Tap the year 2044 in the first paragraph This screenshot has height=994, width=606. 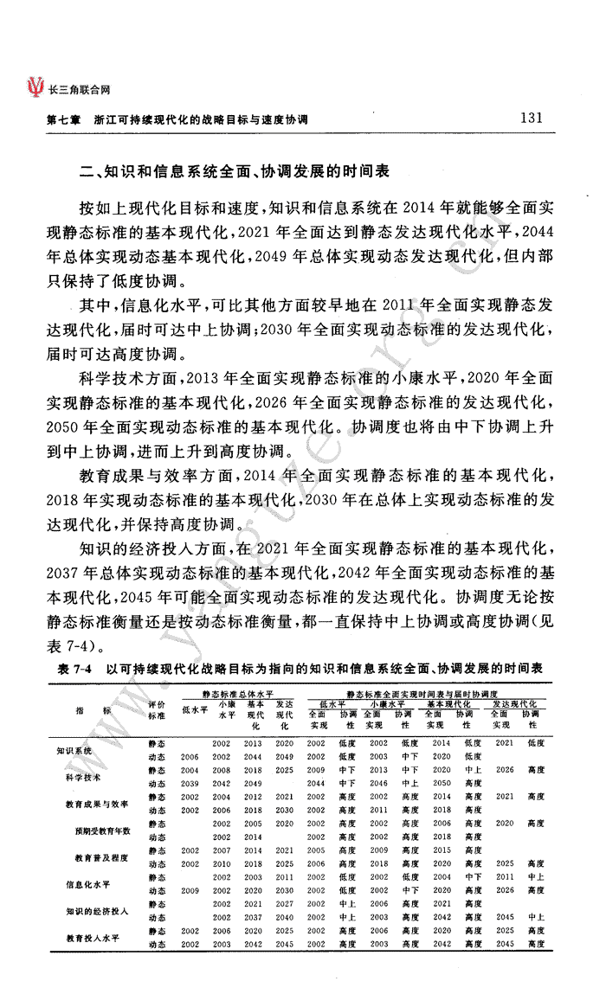[546, 232]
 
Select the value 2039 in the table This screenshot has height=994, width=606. [190, 783]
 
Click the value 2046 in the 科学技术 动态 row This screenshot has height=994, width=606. [378, 783]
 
